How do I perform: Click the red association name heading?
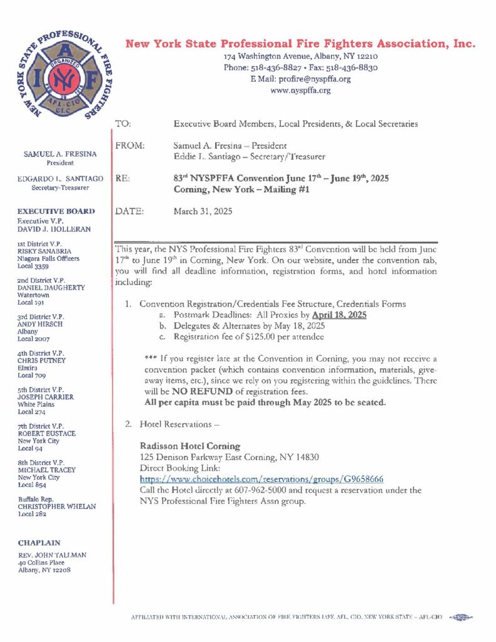(x=300, y=44)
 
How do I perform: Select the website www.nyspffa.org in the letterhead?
(x=300, y=90)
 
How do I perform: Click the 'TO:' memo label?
(x=124, y=124)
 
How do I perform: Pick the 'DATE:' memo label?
(x=130, y=211)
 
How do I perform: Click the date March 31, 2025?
(x=203, y=211)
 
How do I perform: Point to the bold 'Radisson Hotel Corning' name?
(x=189, y=446)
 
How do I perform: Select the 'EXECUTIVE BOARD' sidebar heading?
(x=56, y=211)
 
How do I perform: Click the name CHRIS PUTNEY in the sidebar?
(x=41, y=360)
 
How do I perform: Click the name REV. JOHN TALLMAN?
(x=52, y=555)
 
